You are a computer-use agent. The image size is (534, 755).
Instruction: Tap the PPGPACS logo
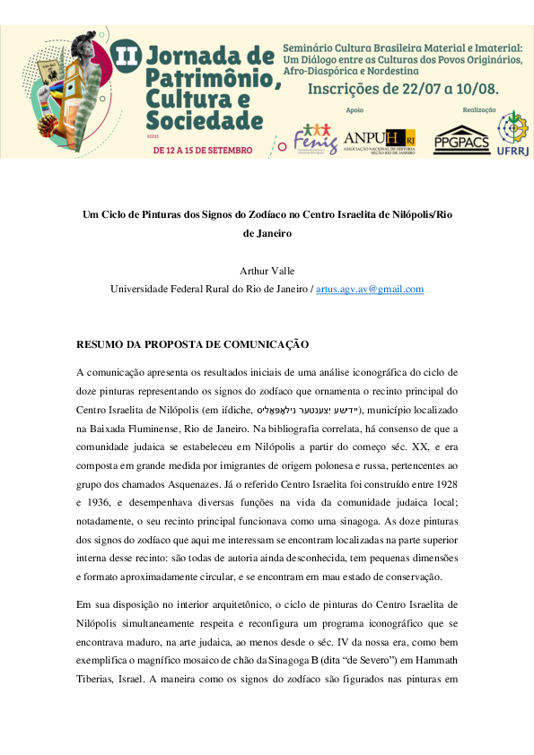click(x=462, y=139)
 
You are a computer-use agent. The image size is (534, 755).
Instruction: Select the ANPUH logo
click(x=379, y=139)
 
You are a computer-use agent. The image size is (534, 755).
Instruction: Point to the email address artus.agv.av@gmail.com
click(x=370, y=289)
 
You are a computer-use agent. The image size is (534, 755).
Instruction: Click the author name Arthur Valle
click(x=267, y=270)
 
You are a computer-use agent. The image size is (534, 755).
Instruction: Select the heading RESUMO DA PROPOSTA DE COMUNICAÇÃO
click(x=192, y=344)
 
